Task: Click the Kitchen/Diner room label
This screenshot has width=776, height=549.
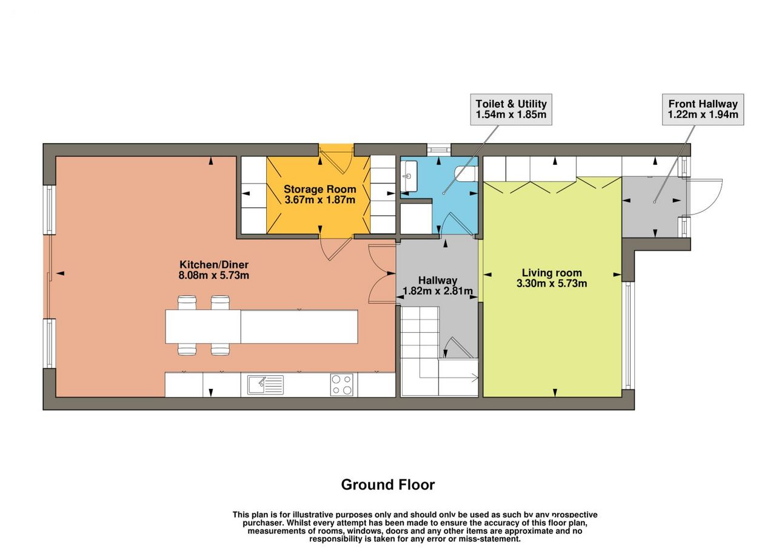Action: pyautogui.click(x=214, y=265)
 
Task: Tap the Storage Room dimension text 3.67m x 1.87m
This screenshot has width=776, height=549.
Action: pyautogui.click(x=319, y=200)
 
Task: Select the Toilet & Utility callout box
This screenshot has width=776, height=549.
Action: pyautogui.click(x=511, y=110)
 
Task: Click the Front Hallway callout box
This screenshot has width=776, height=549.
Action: pyautogui.click(x=703, y=110)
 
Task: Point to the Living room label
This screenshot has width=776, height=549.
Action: pyautogui.click(x=552, y=273)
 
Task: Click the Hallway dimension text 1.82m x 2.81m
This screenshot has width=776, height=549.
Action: pyautogui.click(x=438, y=291)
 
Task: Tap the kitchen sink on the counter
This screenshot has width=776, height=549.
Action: pyautogui.click(x=266, y=385)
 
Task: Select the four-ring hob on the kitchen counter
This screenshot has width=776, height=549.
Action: pyautogui.click(x=341, y=385)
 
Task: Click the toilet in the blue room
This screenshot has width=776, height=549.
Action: pyautogui.click(x=466, y=174)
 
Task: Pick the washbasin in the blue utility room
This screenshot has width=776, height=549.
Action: pyautogui.click(x=409, y=176)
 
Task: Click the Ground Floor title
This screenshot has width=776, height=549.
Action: pyautogui.click(x=387, y=485)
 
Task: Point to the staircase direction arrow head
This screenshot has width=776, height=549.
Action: pyautogui.click(x=475, y=378)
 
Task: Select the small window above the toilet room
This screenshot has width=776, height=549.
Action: pyautogui.click(x=439, y=150)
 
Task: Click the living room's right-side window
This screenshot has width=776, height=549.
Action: pyautogui.click(x=628, y=335)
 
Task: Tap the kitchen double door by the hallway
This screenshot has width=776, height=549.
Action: pyautogui.click(x=382, y=273)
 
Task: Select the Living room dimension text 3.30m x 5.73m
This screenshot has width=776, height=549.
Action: pyautogui.click(x=552, y=284)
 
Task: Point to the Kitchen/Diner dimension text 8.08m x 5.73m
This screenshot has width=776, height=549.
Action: pyautogui.click(x=214, y=276)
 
